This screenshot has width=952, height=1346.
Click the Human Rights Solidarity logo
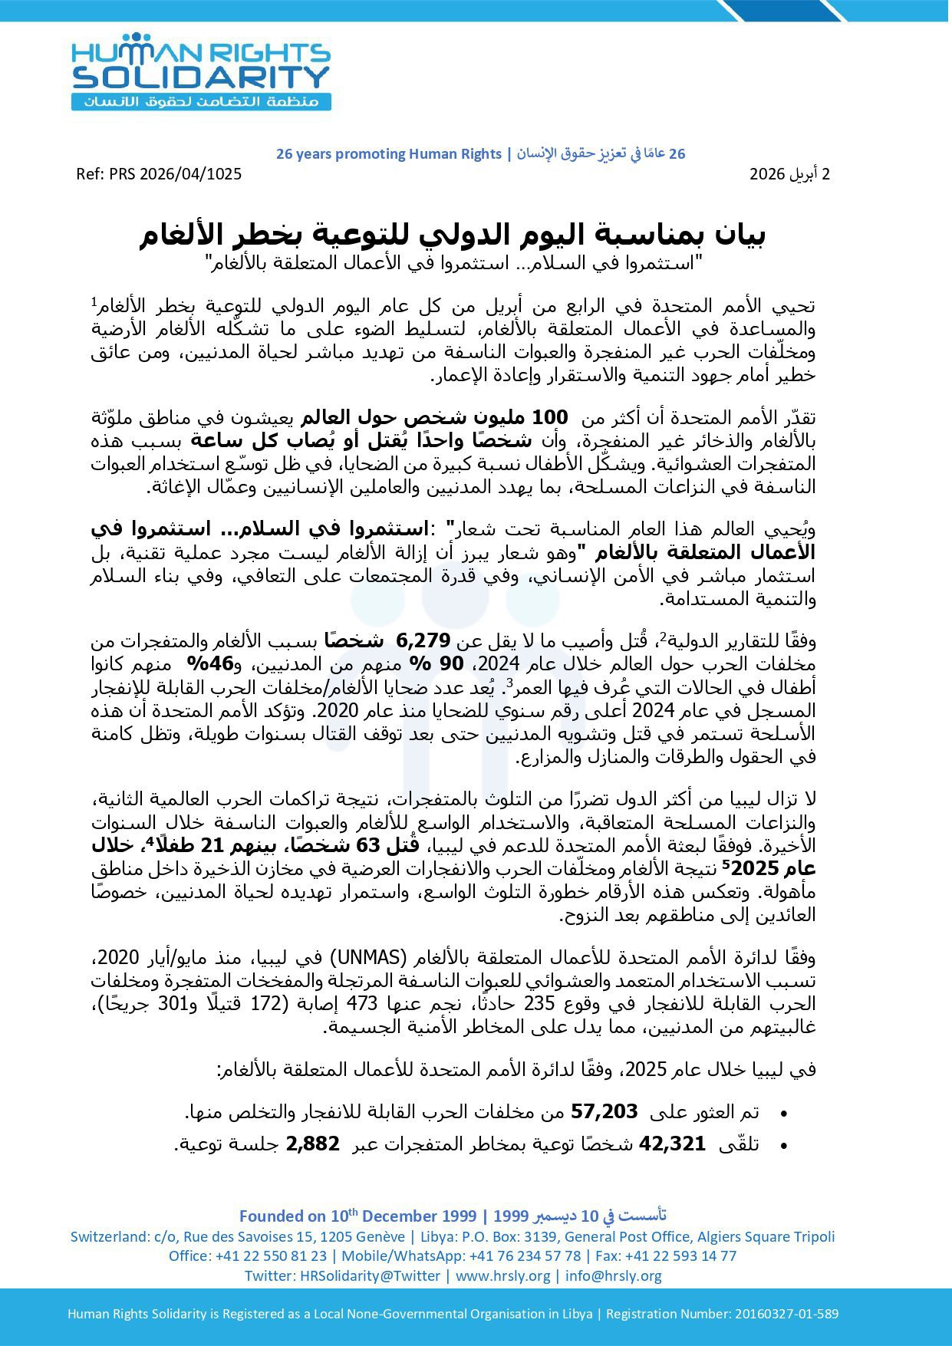click(x=201, y=71)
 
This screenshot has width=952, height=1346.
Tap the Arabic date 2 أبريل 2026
click(x=789, y=174)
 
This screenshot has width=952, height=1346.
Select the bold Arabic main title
click(x=452, y=235)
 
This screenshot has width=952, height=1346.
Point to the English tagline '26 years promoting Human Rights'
click(x=388, y=154)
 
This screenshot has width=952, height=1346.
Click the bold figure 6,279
click(x=425, y=640)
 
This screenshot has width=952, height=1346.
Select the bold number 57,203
click(x=604, y=1111)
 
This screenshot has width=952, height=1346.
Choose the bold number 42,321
click(x=672, y=1144)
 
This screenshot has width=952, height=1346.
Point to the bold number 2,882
click(x=312, y=1144)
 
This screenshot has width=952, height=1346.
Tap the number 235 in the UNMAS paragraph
click(x=539, y=1004)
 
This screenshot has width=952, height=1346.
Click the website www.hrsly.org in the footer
click(x=503, y=1276)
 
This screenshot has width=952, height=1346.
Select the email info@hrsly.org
click(x=614, y=1276)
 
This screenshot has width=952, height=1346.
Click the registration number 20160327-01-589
click(x=786, y=1314)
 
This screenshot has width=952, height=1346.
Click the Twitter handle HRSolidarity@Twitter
click(x=370, y=1276)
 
